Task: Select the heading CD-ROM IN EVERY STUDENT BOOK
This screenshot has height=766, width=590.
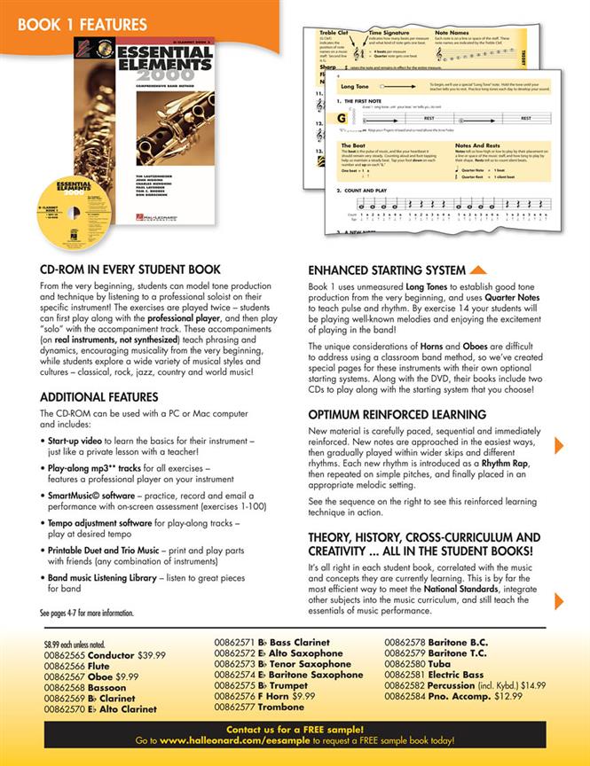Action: click(130, 270)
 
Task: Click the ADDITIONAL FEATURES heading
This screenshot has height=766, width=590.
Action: click(92, 397)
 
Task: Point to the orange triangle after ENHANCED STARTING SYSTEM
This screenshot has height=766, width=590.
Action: click(477, 270)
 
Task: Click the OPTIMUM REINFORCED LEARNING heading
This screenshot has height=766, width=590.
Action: click(397, 414)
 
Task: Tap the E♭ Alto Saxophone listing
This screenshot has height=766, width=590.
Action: click(293, 653)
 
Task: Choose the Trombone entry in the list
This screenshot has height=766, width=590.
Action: click(282, 707)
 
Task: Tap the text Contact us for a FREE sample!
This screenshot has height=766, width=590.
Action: click(294, 728)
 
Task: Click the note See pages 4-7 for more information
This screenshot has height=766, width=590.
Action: click(87, 613)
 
